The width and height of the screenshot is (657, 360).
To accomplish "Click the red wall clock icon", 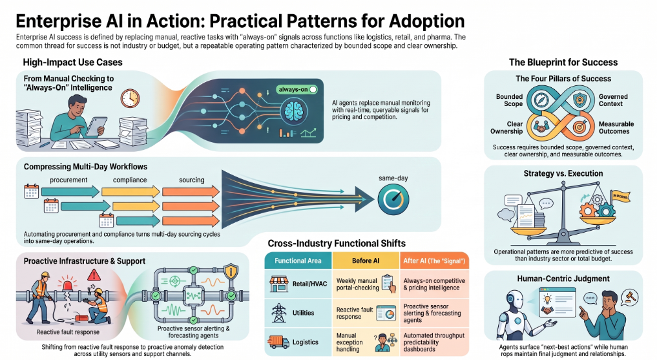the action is (130, 98).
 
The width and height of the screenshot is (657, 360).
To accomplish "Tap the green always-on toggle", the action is (297, 89).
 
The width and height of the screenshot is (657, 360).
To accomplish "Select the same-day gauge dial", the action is (393, 200).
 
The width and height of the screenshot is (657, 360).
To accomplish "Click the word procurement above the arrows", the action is (68, 180).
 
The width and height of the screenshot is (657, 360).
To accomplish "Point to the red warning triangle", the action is (94, 275).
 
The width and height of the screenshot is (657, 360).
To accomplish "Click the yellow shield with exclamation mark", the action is (231, 271).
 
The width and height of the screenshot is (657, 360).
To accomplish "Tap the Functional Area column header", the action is (298, 260).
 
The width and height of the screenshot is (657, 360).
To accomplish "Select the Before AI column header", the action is (366, 260).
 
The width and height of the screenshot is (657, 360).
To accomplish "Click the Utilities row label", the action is (304, 313).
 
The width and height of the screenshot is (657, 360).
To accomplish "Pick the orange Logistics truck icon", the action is (278, 342).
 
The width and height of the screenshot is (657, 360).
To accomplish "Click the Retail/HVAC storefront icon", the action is (279, 284).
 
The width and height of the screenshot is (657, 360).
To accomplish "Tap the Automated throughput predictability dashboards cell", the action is (433, 342).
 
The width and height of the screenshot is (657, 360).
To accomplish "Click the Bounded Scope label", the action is (509, 100).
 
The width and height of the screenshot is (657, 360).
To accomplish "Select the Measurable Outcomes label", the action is (616, 127).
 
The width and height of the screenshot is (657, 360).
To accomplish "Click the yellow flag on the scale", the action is (620, 196).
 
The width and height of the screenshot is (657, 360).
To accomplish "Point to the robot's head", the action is (514, 301).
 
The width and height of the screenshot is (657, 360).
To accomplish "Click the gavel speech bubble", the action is (630, 297).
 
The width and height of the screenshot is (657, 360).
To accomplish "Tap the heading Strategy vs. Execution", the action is (563, 173).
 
